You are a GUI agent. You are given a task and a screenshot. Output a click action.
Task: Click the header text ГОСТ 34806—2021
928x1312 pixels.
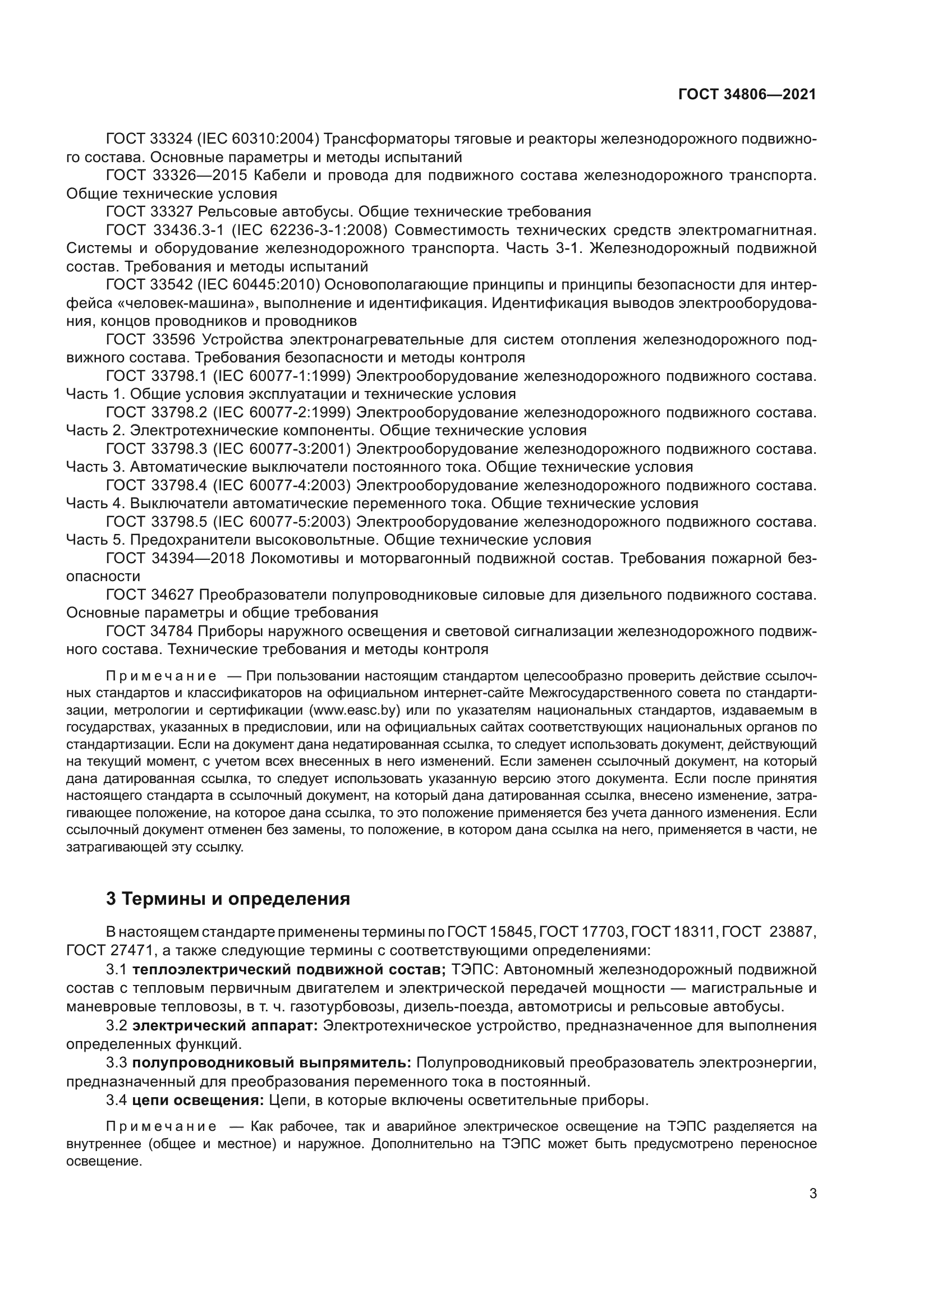tap(747, 94)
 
